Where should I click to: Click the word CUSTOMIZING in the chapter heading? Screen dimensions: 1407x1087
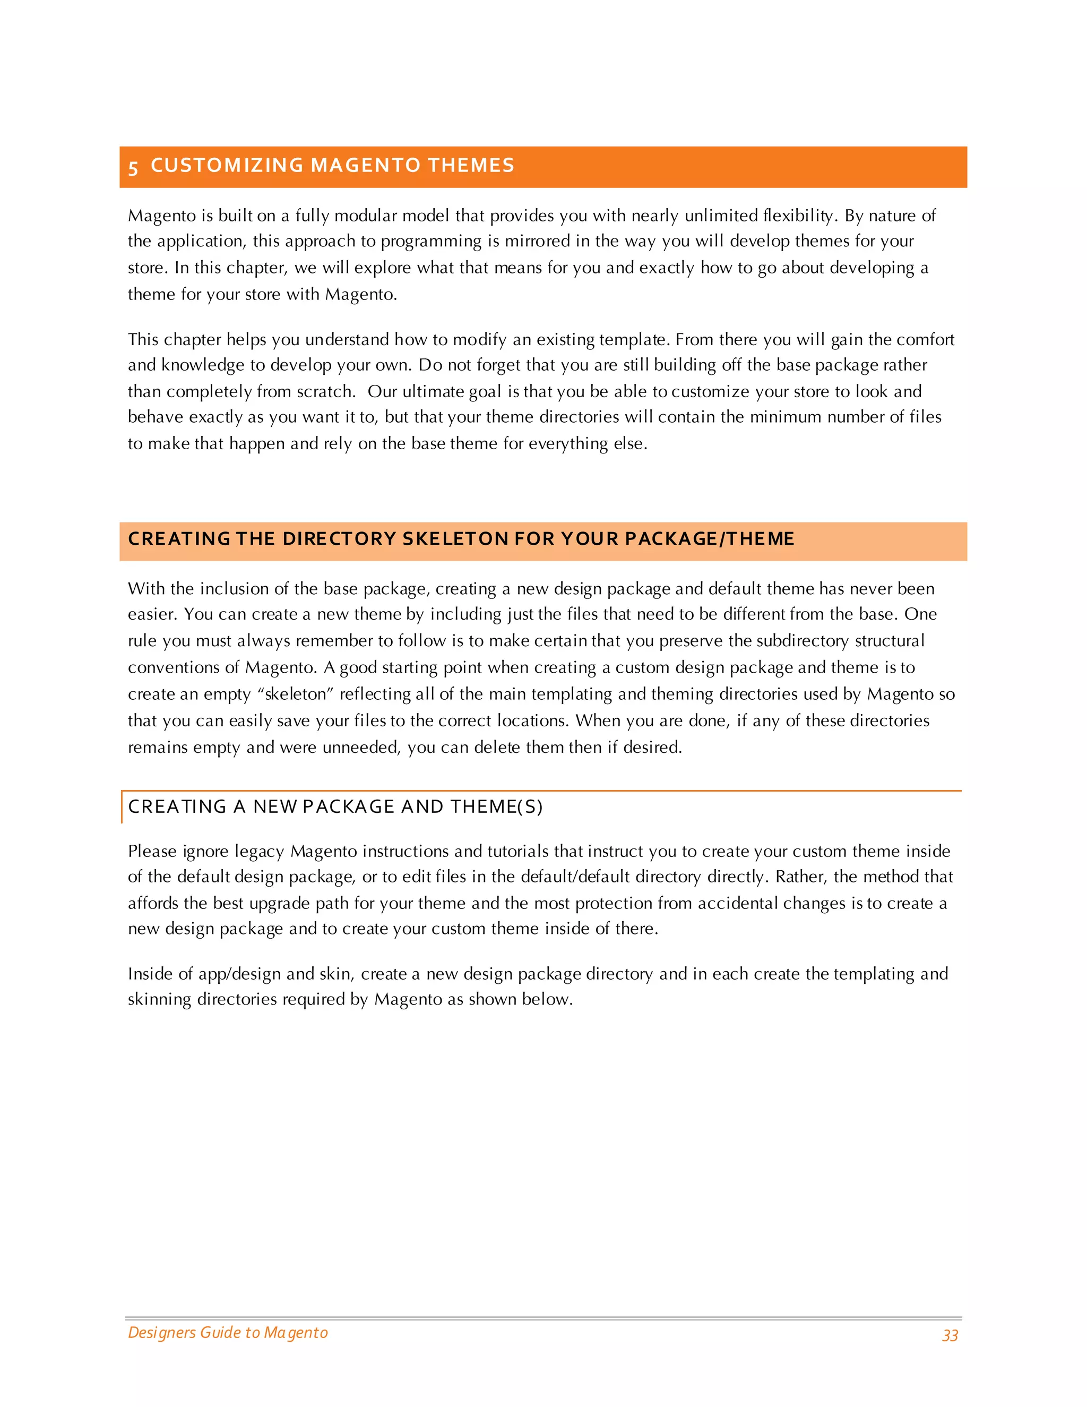point(227,166)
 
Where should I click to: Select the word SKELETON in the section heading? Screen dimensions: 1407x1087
point(455,538)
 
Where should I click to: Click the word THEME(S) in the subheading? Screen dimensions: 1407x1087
point(496,807)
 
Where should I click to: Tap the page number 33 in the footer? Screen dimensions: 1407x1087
point(950,1335)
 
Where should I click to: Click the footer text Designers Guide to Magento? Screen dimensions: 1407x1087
point(228,1332)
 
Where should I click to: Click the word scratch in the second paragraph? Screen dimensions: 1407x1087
point(324,391)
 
